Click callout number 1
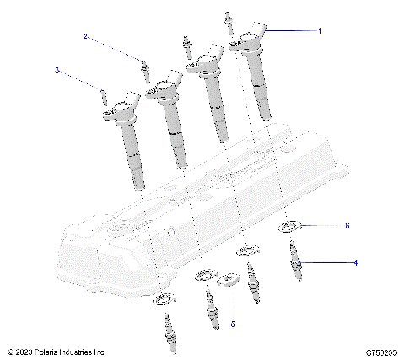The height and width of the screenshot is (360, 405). click(319, 30)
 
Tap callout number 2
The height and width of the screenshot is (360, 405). click(85, 36)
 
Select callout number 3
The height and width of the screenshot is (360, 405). click(58, 71)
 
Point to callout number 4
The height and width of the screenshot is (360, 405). click(355, 262)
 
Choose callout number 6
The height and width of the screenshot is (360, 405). click(346, 226)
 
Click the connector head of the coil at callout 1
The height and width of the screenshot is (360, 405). click(253, 35)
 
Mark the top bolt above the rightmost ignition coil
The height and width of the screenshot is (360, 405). click(229, 23)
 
